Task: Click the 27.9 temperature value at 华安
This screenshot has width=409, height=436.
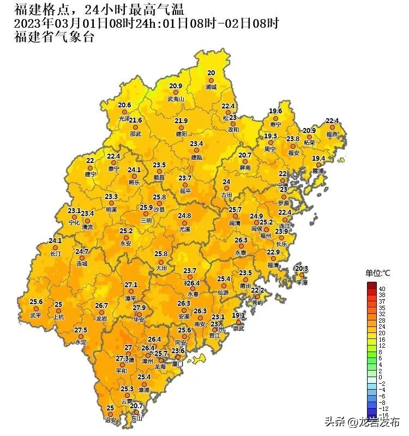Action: tap(140, 308)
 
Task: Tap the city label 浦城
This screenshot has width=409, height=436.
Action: tap(210, 87)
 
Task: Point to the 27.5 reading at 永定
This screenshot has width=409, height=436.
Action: tap(81, 330)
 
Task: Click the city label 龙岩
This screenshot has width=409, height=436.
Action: tap(101, 318)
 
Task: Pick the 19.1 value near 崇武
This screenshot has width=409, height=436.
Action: tap(239, 316)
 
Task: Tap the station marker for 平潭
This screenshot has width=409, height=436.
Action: tap(301, 276)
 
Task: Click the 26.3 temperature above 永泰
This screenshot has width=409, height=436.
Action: tap(241, 240)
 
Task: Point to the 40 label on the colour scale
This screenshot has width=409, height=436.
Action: tap(382, 288)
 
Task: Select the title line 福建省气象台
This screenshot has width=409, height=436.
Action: tap(53, 37)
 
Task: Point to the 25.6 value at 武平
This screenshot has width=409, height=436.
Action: tap(36, 301)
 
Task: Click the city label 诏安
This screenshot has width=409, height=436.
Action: tap(110, 420)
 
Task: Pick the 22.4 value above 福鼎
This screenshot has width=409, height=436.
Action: tap(332, 120)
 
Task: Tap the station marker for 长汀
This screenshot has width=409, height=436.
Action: tap(55, 247)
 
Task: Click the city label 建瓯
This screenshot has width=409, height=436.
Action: tap(196, 157)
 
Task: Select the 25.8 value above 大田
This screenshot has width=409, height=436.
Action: tap(161, 254)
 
